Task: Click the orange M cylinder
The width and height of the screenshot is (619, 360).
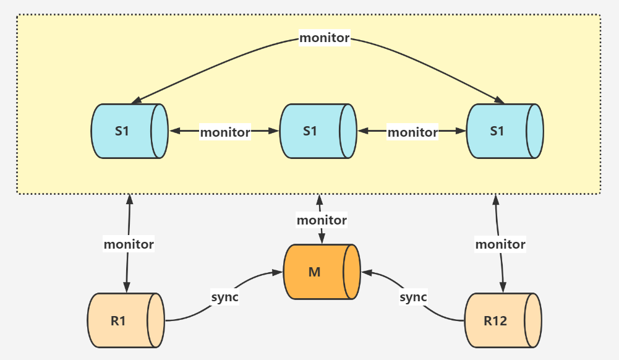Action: tap(321, 272)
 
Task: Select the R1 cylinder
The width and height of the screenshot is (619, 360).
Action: tap(126, 320)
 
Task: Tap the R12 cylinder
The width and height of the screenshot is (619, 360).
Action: tap(503, 320)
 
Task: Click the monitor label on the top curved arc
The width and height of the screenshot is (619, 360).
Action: tap(324, 38)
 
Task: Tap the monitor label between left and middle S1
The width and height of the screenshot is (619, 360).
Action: tap(225, 132)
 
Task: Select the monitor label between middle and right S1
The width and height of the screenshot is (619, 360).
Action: tap(412, 132)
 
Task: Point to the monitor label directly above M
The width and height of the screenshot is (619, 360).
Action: tap(322, 220)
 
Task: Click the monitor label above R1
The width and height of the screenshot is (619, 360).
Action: tap(129, 244)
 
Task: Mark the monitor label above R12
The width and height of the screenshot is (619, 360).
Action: tap(500, 244)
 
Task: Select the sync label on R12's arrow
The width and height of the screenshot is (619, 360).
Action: tap(413, 297)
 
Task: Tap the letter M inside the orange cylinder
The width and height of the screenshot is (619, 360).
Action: tap(314, 272)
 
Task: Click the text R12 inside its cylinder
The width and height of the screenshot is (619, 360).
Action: tap(495, 321)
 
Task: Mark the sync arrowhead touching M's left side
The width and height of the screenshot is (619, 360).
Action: tap(278, 272)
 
